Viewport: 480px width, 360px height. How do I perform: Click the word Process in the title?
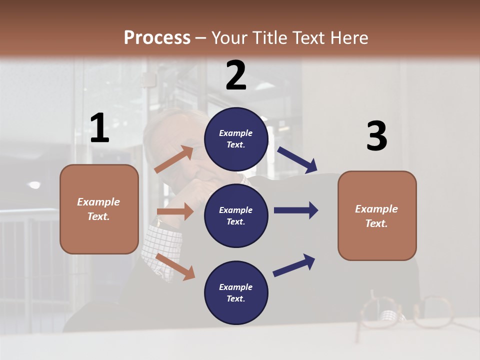[157, 38]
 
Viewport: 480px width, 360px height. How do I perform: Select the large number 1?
[99, 128]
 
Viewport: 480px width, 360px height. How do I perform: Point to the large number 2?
[236, 75]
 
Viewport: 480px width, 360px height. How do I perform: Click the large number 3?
[376, 136]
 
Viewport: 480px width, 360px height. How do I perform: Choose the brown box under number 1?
[99, 209]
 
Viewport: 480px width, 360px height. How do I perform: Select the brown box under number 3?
[377, 215]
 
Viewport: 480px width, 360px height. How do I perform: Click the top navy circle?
[236, 139]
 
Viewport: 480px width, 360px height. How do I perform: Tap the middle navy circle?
[236, 215]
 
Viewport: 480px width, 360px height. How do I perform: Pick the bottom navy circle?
[236, 292]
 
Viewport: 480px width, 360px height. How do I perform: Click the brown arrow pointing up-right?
[174, 159]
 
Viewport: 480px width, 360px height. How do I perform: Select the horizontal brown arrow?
[175, 211]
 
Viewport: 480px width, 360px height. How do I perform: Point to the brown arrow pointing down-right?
[175, 266]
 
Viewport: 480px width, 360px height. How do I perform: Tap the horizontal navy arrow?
[296, 210]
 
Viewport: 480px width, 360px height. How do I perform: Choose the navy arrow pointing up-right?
[294, 265]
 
